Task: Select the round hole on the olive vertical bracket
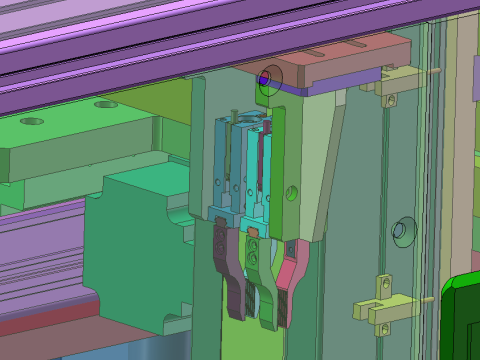coord(292,191)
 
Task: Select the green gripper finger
coord(264,290)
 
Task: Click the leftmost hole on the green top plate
coord(31,121)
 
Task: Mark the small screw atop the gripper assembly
coord(233,115)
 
